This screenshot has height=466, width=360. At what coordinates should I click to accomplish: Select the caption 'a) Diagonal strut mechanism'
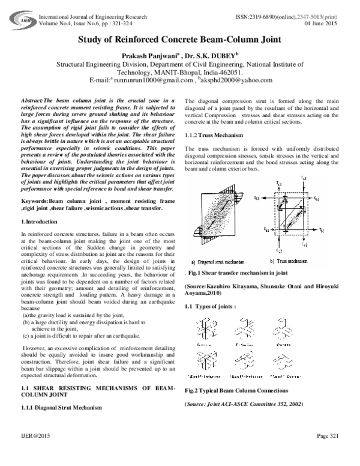click(224, 261)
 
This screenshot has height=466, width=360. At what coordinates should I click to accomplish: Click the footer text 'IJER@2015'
click(33, 452)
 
